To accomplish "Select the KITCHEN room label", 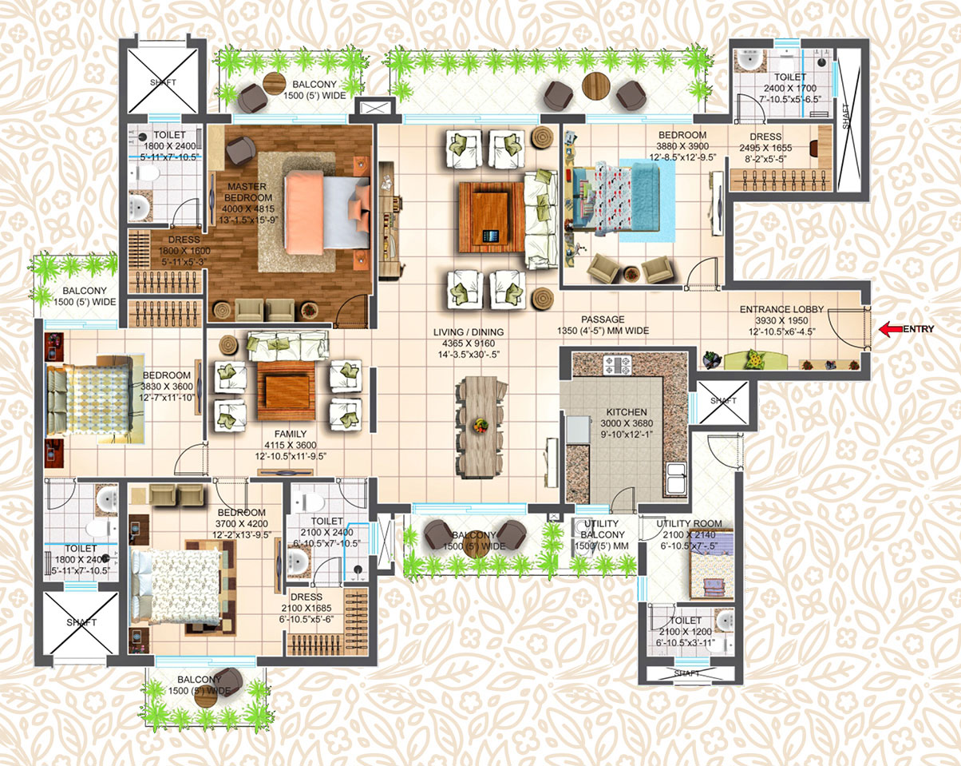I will [627, 413].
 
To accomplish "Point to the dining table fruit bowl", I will [480, 424].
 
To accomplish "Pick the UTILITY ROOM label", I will [688, 524].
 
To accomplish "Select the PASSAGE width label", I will [603, 330].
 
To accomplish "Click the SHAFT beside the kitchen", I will [723, 399].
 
